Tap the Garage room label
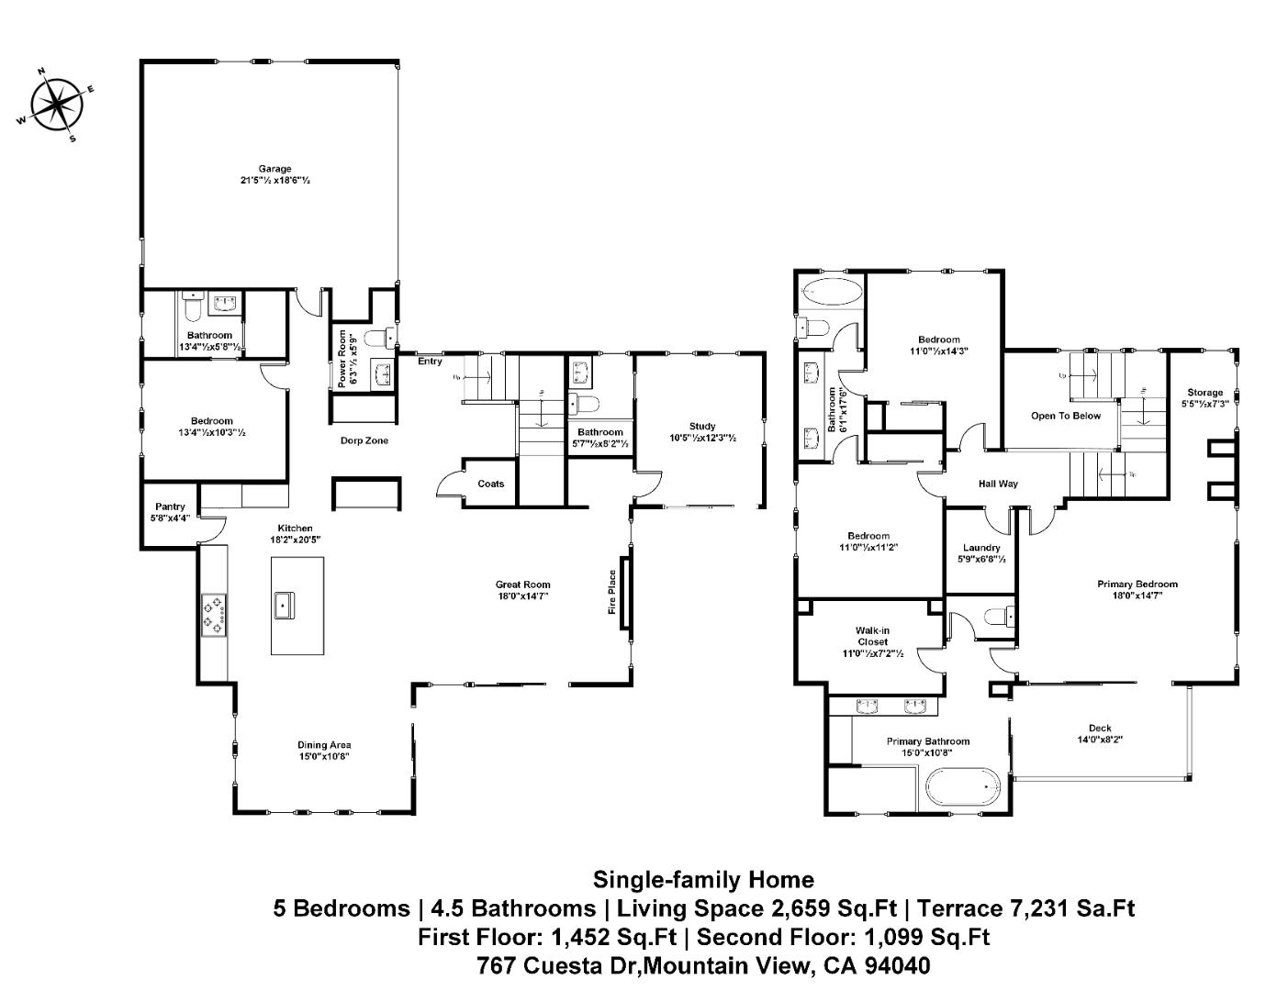[x=274, y=169]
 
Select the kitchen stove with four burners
[x=215, y=615]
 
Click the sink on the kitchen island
[x=284, y=605]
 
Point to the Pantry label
[x=170, y=507]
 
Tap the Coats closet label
[x=490, y=484]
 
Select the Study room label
[x=702, y=426]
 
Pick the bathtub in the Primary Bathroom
[x=962, y=787]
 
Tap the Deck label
[x=1100, y=729]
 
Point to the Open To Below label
[x=1065, y=416]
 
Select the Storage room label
[x=1204, y=392]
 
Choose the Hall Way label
[x=998, y=484]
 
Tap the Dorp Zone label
[x=364, y=440]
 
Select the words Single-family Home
[x=703, y=880]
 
